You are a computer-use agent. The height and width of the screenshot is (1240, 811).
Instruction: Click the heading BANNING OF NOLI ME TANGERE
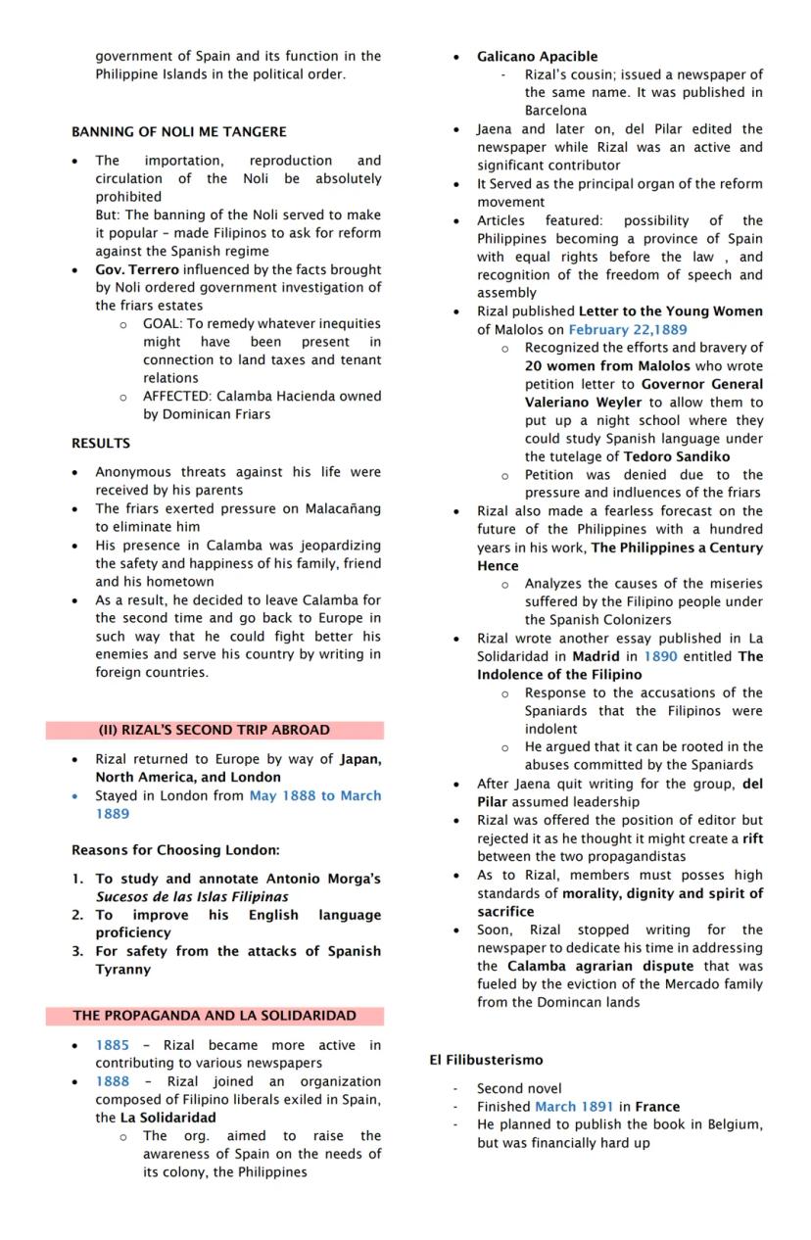click(179, 131)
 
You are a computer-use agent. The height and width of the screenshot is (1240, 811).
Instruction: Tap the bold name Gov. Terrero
click(137, 269)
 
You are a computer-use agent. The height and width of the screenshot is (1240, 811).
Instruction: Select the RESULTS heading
click(100, 443)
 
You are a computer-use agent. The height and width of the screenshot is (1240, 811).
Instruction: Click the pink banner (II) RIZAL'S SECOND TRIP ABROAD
click(214, 730)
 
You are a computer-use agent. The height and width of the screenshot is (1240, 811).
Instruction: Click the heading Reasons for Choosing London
click(175, 849)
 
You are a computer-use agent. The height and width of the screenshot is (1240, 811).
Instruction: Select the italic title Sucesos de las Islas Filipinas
click(192, 896)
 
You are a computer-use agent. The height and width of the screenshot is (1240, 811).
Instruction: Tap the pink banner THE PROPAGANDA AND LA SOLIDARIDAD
click(214, 1016)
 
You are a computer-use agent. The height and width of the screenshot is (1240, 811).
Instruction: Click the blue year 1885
click(112, 1045)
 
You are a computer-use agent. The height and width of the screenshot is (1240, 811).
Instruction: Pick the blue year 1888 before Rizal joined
click(112, 1081)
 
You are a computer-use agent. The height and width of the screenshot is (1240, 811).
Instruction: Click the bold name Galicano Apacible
click(537, 56)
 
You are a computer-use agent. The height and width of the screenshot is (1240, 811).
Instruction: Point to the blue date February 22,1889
click(628, 329)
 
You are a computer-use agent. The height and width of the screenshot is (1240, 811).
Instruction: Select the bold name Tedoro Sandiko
click(677, 456)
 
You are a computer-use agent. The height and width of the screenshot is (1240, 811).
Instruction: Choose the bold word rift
click(752, 838)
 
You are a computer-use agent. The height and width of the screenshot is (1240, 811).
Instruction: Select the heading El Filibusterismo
click(486, 1060)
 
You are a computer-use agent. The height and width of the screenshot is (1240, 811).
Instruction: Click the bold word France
click(657, 1107)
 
